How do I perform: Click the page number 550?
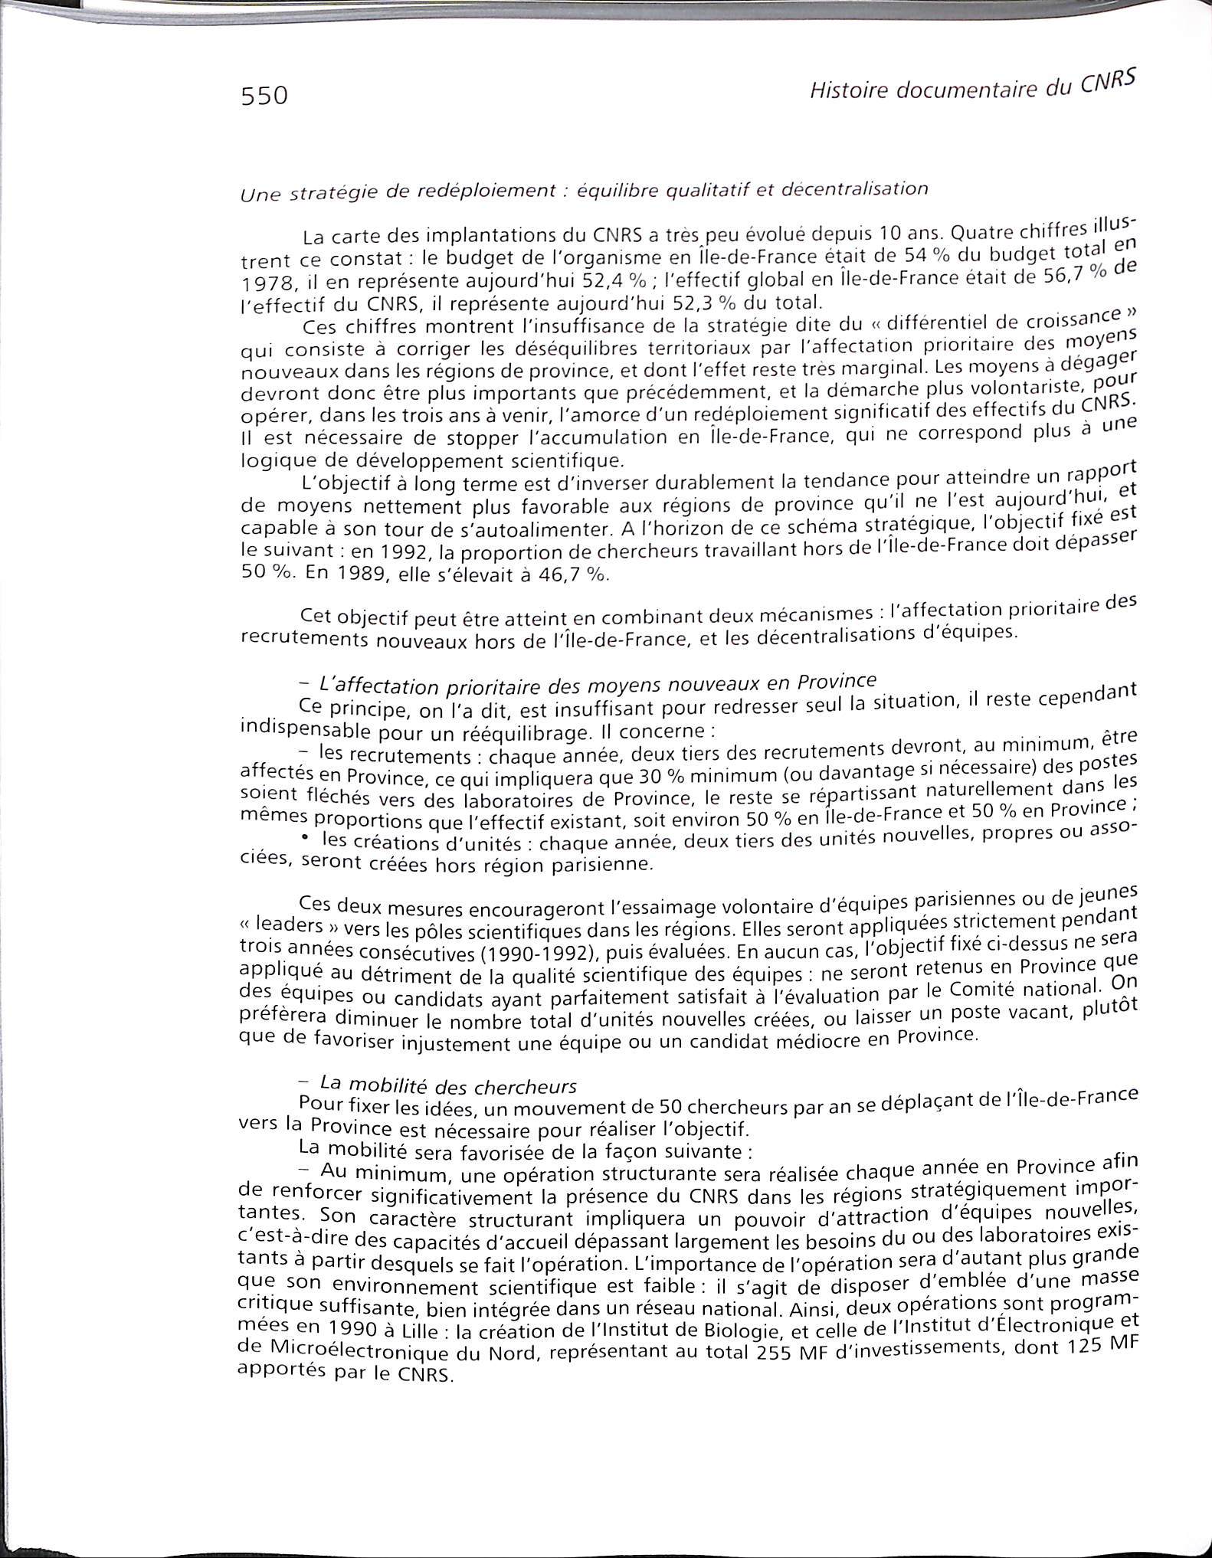tap(264, 97)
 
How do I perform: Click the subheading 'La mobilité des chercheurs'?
tap(447, 1085)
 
